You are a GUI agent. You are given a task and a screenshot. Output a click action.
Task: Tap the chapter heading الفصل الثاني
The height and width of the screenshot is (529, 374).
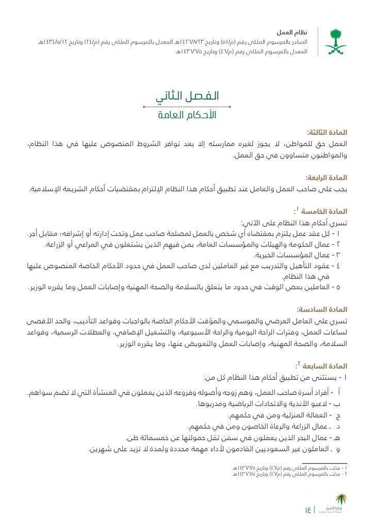tap(187, 96)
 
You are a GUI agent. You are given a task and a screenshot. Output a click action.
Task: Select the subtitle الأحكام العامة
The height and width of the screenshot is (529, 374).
tap(187, 115)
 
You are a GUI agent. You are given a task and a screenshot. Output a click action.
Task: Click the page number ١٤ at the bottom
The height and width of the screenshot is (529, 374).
tap(308, 510)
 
